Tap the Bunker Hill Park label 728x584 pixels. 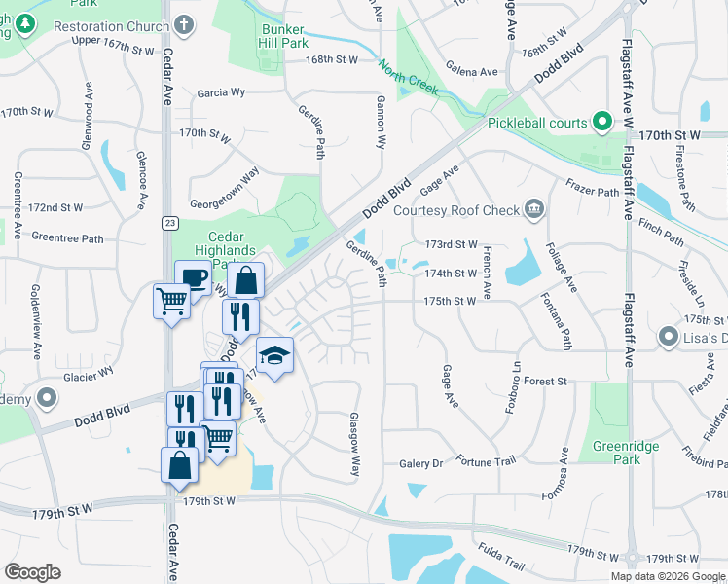(x=283, y=36)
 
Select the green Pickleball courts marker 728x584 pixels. (x=602, y=123)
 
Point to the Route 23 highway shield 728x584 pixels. (x=170, y=223)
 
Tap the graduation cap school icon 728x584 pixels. (x=275, y=355)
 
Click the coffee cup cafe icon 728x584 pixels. (x=193, y=278)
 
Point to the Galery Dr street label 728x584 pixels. (x=420, y=463)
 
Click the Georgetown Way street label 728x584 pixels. (x=224, y=182)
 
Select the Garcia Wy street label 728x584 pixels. (x=221, y=93)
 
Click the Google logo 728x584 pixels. (x=32, y=572)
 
